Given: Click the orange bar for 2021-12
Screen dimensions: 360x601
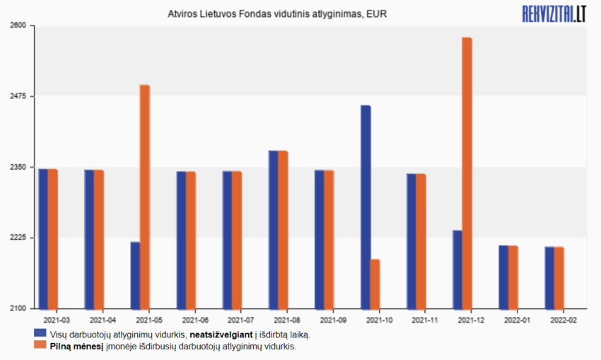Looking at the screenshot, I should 467,173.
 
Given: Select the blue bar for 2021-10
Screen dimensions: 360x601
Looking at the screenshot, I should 366,207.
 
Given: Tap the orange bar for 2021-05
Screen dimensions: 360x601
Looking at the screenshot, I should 145,197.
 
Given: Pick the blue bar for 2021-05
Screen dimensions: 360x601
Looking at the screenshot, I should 135,275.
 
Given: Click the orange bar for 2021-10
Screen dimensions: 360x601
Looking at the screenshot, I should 375,284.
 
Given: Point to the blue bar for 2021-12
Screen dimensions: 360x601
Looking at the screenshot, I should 457,269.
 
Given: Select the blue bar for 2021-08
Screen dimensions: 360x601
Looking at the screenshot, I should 273,230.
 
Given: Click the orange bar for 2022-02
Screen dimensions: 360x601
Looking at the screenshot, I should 559,277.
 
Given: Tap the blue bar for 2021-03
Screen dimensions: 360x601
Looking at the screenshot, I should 43,239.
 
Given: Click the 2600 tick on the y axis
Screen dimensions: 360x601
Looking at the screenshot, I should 17,25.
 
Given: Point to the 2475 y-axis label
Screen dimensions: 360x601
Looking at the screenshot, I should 17,96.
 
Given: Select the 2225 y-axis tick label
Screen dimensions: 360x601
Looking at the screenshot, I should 17,238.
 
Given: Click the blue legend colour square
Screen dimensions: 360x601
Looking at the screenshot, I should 40,334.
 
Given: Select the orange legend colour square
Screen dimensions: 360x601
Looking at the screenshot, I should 40,346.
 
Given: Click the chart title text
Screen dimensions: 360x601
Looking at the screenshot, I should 277,13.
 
